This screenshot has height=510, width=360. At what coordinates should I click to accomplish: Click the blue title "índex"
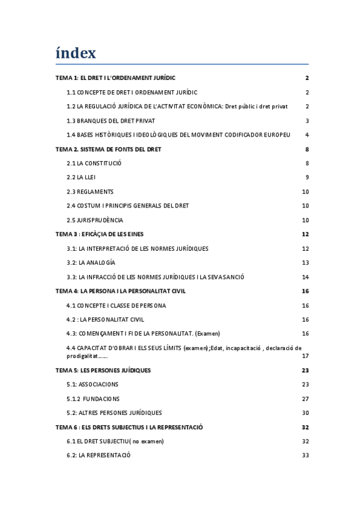click(x=76, y=53)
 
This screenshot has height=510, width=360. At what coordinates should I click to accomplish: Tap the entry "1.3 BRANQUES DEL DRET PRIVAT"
click(x=111, y=120)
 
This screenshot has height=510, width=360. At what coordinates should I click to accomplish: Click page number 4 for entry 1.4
click(x=307, y=135)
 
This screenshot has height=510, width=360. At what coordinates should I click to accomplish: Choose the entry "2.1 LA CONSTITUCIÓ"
click(x=94, y=163)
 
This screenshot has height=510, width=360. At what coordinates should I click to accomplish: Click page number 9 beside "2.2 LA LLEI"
click(x=307, y=177)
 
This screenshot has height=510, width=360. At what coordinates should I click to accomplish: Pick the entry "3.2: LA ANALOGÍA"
click(x=91, y=263)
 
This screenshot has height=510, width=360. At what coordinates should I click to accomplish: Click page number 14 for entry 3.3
click(x=305, y=277)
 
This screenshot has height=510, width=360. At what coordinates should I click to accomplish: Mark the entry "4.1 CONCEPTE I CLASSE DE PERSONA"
click(x=116, y=306)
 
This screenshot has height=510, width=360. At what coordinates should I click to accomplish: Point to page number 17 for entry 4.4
click(x=305, y=356)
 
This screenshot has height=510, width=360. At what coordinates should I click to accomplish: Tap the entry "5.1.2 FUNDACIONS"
click(x=93, y=399)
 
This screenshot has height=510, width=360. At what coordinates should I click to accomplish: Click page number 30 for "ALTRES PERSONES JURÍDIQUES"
click(x=305, y=413)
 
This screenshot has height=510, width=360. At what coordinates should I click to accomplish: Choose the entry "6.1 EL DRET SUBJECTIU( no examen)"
click(x=115, y=441)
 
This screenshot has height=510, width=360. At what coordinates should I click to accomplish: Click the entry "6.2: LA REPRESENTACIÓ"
click(x=99, y=455)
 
